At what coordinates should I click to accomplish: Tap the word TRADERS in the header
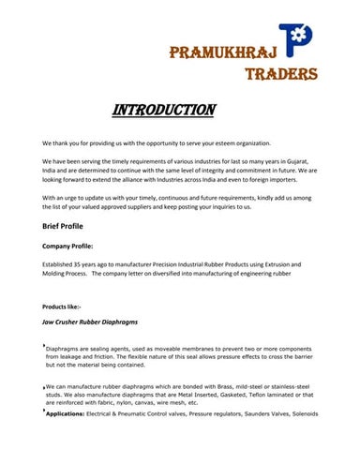click(x=280, y=74)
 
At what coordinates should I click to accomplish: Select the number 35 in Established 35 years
click(x=82, y=266)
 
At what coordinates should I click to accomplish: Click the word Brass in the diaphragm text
click(x=228, y=386)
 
